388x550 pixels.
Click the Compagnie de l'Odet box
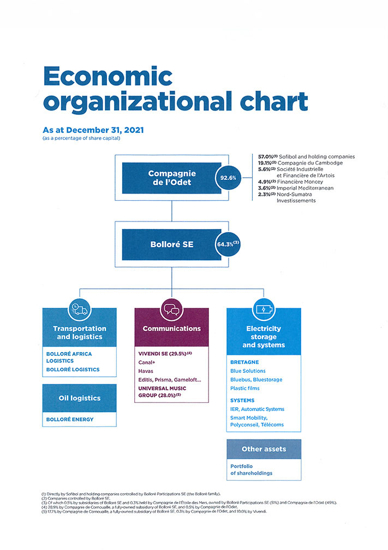171,178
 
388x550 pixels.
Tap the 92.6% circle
228,178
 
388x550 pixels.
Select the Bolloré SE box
171,244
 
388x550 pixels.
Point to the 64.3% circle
228,244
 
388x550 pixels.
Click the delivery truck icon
80,310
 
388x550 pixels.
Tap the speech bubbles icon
171,310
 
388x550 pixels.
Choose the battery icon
264,310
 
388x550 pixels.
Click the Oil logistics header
80,398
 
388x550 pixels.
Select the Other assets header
264,449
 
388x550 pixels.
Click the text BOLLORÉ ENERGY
70,419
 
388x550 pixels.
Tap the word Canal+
147,362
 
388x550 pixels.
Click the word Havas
146,371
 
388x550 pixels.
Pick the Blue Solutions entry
248,371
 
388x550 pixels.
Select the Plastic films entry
245,388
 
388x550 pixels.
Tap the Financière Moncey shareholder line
290,182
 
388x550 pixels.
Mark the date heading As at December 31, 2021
93,130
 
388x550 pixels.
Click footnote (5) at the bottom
154,511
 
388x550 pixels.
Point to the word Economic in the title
108,76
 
